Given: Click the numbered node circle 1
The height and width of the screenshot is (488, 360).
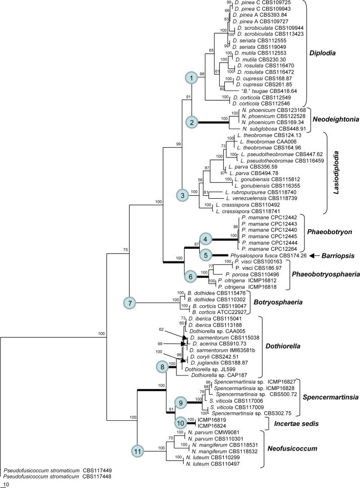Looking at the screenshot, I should [x=192, y=78].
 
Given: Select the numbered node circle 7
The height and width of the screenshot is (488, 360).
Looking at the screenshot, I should [x=130, y=303].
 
